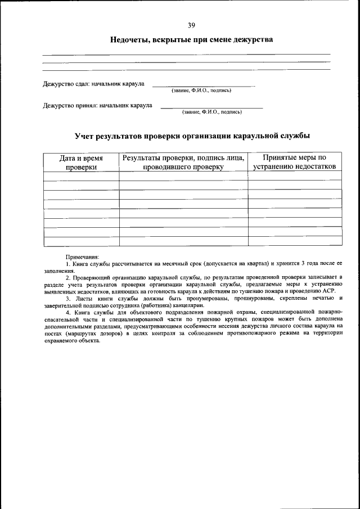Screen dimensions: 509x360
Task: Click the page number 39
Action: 191,25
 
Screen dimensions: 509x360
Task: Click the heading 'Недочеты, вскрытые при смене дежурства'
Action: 191,40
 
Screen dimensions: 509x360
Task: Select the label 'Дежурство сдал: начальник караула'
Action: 94,84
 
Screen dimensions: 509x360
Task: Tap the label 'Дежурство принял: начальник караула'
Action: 98,105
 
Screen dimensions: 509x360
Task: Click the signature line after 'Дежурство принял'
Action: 211,107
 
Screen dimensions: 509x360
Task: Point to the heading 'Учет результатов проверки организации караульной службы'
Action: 192,136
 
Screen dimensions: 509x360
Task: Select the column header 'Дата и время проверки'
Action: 81,163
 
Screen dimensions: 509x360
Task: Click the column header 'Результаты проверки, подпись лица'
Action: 183,163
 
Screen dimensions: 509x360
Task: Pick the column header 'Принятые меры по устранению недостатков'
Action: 295,163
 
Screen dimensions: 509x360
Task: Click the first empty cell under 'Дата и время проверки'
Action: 81,176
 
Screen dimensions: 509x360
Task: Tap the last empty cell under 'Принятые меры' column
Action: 295,241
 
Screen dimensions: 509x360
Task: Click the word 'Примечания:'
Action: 82,256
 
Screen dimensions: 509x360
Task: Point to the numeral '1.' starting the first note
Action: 67,264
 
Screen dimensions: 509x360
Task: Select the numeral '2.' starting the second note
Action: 67,278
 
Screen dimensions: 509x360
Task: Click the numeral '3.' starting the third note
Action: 67,299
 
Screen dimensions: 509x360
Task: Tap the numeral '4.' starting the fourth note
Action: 67,313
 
